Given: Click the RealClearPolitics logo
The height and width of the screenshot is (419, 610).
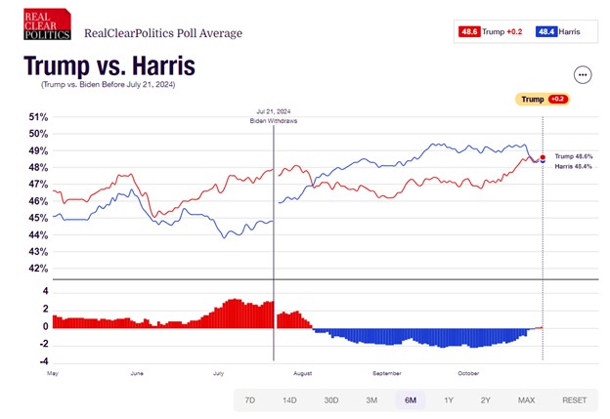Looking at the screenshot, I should tap(48, 24).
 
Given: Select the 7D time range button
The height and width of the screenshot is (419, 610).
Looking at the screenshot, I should tap(249, 400).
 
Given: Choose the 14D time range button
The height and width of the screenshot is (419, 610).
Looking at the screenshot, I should tap(289, 400).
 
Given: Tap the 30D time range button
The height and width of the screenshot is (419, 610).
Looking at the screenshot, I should tap(330, 400).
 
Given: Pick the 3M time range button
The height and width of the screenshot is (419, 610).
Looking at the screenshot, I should tap(371, 400).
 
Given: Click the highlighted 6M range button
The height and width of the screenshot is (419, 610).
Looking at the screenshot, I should tap(410, 400).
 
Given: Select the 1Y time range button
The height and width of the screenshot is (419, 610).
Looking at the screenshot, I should tap(448, 400).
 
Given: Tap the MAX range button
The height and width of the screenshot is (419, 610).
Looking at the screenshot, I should tap(526, 400).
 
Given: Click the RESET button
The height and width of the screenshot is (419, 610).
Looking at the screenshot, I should tap(575, 400).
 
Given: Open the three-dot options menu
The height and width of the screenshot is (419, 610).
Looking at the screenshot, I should tap(583, 74).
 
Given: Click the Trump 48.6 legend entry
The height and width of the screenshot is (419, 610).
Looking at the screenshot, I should tap(491, 32).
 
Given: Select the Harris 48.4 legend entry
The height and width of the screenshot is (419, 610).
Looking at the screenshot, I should tap(558, 32).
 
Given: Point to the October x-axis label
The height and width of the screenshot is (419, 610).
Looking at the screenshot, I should tap(468, 372).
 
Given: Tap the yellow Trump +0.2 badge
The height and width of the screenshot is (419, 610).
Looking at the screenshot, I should tap(542, 99).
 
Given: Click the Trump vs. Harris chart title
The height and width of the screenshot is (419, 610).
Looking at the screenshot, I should tap(109, 66).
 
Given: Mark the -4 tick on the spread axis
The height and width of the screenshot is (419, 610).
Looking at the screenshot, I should tap(44, 360).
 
